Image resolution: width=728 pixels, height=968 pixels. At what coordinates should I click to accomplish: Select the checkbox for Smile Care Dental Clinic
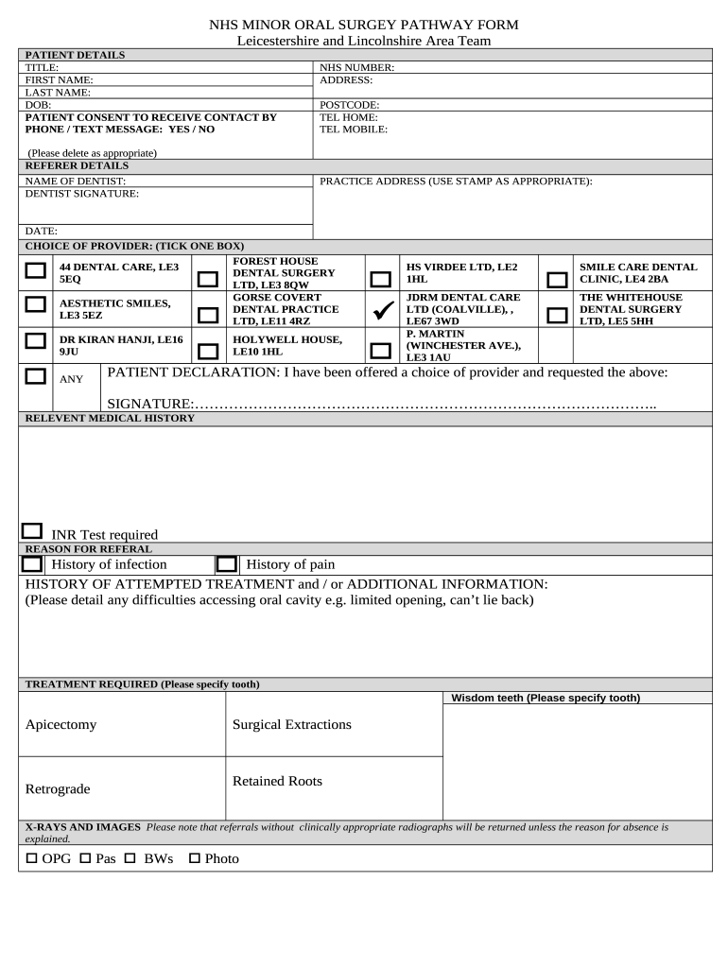click(558, 280)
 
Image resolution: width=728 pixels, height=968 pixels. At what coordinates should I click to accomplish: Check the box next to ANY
click(36, 376)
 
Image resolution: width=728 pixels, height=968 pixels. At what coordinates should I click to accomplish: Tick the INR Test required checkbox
click(32, 532)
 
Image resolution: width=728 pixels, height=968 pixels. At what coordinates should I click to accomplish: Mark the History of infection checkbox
click(32, 564)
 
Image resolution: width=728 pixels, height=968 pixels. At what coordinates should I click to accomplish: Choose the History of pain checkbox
click(226, 564)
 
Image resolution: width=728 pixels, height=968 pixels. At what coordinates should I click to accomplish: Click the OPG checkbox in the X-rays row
click(30, 858)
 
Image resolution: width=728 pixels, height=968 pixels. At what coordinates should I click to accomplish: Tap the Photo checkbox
click(195, 858)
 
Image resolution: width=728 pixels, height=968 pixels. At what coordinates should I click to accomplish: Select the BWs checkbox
click(130, 858)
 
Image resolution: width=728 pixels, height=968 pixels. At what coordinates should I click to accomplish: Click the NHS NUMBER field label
click(356, 68)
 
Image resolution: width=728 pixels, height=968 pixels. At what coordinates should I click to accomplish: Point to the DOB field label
click(38, 105)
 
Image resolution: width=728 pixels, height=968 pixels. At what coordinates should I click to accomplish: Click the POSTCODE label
click(350, 105)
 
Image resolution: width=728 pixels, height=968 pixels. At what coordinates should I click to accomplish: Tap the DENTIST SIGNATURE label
click(81, 193)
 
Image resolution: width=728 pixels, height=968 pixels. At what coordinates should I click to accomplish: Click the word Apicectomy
click(61, 725)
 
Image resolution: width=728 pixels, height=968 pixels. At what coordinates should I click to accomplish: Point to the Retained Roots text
click(277, 781)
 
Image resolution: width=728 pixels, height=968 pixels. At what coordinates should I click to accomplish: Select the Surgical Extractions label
click(291, 725)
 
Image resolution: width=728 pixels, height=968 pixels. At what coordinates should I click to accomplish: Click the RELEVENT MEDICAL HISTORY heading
click(110, 418)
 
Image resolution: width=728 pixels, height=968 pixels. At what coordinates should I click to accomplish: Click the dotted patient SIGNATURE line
click(425, 405)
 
